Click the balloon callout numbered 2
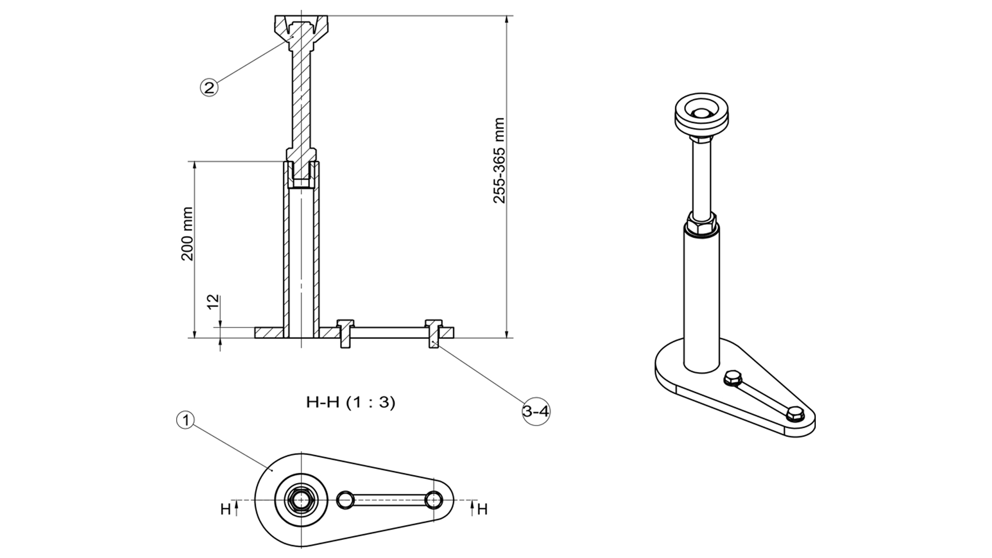(x=209, y=87)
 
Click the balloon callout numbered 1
(x=185, y=420)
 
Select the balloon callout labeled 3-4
(x=536, y=411)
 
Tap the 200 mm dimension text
(x=188, y=234)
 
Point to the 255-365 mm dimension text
(x=499, y=160)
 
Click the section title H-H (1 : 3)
(x=351, y=402)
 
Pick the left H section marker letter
(x=226, y=509)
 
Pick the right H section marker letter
(x=482, y=509)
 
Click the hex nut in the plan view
(x=300, y=500)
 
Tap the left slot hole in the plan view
(x=345, y=500)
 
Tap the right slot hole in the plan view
(x=433, y=500)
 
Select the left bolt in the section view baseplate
(x=345, y=333)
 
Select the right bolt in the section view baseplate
(x=433, y=333)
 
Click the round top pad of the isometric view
(x=701, y=116)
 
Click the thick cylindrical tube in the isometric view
(x=701, y=300)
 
